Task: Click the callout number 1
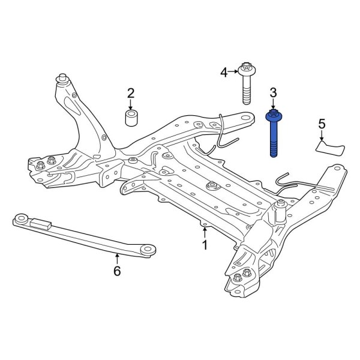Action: [205, 245]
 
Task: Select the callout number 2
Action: [131, 93]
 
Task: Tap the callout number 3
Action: [273, 92]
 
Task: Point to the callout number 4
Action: [224, 73]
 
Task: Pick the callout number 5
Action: [322, 124]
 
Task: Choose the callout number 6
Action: [117, 271]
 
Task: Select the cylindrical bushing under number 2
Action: [131, 118]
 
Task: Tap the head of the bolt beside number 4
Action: [247, 69]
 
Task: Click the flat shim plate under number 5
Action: [330, 148]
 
